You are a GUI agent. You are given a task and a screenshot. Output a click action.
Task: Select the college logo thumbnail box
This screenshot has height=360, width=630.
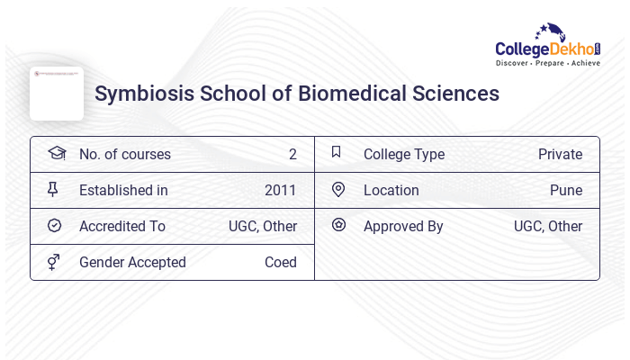pos(57,94)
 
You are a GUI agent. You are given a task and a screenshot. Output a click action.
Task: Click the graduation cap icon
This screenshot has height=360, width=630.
pos(56,153)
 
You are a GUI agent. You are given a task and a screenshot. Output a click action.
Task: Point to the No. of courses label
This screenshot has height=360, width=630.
pos(124,155)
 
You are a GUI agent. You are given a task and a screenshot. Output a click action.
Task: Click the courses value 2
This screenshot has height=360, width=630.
pos(292,155)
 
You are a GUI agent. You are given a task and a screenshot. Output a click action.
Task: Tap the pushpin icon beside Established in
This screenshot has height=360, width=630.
pos(54,190)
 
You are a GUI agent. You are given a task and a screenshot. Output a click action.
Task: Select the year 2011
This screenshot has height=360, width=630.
pos(280,191)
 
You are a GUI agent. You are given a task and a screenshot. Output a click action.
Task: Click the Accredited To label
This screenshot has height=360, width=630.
pos(121,227)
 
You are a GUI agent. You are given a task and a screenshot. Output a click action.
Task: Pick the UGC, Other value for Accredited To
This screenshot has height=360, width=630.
pos(262,227)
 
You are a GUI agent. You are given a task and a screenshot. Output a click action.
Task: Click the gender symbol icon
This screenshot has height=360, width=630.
pos(54,262)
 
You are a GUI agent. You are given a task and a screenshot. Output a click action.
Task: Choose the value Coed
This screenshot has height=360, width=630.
pos(280,263)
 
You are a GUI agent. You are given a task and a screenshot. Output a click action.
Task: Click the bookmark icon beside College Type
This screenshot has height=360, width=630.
pos(337,153)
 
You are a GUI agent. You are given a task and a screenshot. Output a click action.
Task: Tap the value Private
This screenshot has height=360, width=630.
pos(560,155)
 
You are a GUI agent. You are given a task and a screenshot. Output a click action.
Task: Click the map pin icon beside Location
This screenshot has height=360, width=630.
pos(338,190)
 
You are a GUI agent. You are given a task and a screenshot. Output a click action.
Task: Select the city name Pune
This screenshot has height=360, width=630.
pos(566,191)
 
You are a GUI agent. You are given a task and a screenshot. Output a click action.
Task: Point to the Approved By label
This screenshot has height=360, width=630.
pos(403,227)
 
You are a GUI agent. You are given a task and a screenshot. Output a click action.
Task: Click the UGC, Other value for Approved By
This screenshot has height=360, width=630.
pos(547,227)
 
